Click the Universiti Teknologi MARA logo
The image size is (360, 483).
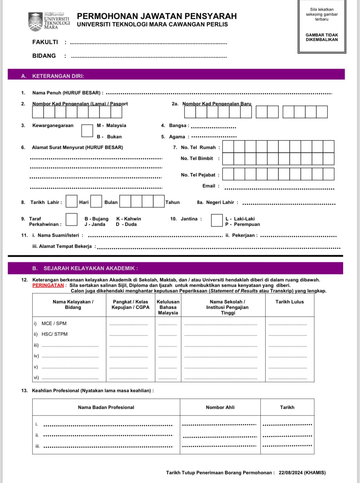coord(49,22)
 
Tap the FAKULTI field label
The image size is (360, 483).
coord(45,42)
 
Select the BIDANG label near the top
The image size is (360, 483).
coord(44,56)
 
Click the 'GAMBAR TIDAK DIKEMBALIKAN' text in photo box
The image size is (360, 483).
coord(322,37)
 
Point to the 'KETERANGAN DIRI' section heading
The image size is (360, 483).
coord(58,76)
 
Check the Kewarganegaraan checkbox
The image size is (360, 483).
coord(87,131)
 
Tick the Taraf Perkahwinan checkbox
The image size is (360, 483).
coord(71,219)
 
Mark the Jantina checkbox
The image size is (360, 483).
coord(217,220)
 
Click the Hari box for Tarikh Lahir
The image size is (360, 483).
coord(72,201)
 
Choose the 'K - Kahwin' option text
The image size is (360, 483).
coord(129,219)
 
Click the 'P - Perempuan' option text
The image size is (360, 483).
coord(242,224)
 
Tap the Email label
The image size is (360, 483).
coord(209,186)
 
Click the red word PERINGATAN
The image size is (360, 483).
coord(48,285)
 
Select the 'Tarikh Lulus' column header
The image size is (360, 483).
coord(289,302)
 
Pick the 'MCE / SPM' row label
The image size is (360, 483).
coord(54,323)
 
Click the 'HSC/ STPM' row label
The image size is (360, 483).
coord(54,334)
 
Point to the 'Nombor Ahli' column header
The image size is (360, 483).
coord(220,407)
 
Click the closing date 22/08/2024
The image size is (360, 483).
coord(290,473)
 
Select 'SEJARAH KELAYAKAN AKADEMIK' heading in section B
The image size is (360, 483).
coord(91,269)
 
